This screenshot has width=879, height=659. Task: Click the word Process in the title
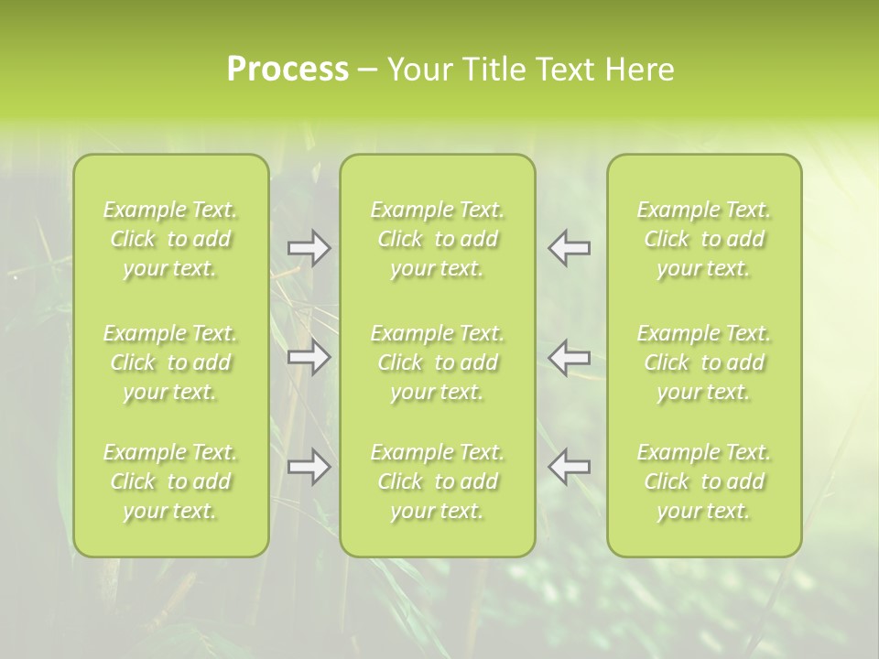[x=288, y=70]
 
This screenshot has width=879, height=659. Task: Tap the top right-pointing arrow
[x=309, y=248]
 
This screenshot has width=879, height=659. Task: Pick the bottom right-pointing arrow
[x=309, y=467]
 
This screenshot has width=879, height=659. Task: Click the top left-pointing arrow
[x=570, y=248]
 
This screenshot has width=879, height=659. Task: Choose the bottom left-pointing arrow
[x=570, y=467]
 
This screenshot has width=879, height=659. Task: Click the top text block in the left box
[x=170, y=239]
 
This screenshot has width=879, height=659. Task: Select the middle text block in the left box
[x=170, y=362]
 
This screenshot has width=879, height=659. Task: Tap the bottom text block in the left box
[x=170, y=481]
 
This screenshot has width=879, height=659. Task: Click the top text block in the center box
[x=438, y=239]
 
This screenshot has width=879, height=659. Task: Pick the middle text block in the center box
[x=438, y=362]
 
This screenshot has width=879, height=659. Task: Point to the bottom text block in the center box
[x=438, y=481]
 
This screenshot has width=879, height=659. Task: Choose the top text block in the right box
[x=704, y=239]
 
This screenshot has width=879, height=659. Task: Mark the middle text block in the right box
[x=704, y=362]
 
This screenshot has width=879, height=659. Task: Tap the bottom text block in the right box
[x=704, y=481]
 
